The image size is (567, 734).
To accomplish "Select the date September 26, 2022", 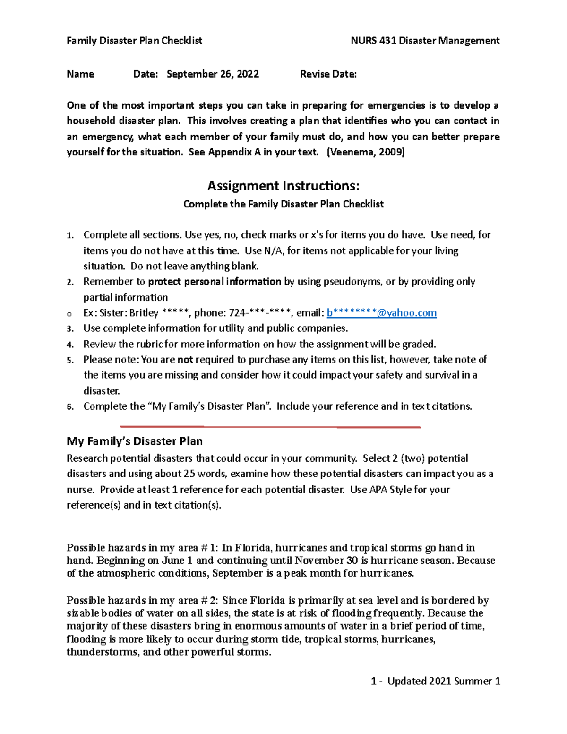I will [213, 74].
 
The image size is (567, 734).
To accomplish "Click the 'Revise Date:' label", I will [328, 74].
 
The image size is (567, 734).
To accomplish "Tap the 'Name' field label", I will [80, 74].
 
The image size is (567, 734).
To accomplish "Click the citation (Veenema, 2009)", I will [366, 152].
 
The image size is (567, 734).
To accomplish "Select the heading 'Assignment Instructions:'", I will [283, 186].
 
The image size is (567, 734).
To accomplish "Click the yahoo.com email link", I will [382, 313].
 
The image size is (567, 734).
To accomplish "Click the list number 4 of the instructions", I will [70, 345].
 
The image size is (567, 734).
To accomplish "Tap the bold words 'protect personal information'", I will [215, 282].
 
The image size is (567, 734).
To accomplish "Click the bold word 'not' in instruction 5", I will [185, 360].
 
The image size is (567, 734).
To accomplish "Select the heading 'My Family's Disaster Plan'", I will [135, 441].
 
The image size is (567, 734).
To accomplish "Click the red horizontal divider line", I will [270, 427].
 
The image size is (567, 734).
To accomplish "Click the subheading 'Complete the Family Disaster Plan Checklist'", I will [283, 204].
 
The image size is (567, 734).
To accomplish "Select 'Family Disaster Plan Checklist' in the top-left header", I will [134, 41].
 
